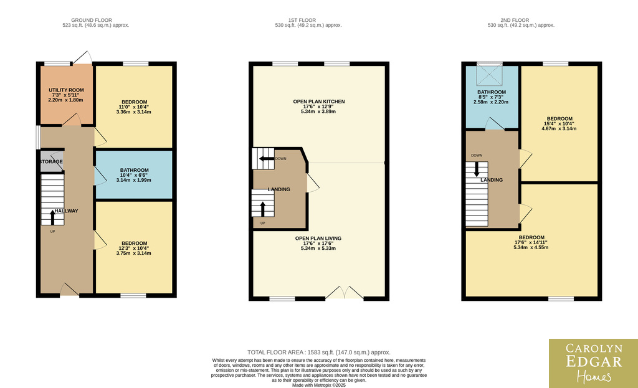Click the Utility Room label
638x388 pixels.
pos(66,90)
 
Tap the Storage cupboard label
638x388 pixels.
pos(51,162)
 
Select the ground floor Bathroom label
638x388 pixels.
pos(135,171)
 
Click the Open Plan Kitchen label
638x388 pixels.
pos(319,102)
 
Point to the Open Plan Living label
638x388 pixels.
pos(318,239)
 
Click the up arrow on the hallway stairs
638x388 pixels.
pos(52,217)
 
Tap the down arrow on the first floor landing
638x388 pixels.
pos(267,159)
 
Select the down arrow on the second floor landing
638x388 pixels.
pos(477,169)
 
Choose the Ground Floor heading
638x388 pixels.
pos(92,20)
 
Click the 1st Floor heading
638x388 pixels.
pos(302,20)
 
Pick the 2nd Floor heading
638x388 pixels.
pos(515,20)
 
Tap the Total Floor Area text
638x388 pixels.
pos(318,353)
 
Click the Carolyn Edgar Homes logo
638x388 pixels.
pos(594,363)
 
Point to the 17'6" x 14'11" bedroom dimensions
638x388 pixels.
pos(531,242)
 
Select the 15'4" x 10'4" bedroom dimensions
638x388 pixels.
pos(559,124)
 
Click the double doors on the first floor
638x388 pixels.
pos(344,293)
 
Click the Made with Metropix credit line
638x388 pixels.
pos(318,385)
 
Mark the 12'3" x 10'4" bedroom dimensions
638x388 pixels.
pos(134,248)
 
